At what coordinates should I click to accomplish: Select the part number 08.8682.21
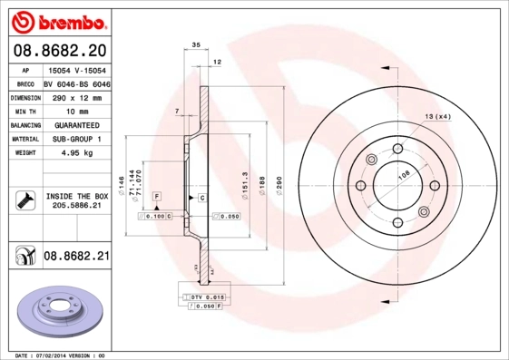coord(76,257)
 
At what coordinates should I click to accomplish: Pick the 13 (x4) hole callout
coord(437,117)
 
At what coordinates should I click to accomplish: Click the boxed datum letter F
coord(157,197)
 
